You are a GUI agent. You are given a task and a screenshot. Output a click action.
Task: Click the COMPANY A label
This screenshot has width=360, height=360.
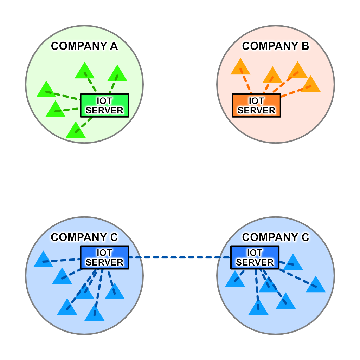84,46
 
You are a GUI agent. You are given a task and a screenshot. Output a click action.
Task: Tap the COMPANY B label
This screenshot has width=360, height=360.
275,46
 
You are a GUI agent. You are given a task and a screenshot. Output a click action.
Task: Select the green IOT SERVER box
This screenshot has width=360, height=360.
105,105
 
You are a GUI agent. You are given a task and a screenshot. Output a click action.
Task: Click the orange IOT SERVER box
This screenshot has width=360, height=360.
256,105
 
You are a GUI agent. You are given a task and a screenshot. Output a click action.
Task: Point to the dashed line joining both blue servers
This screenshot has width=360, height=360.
179,257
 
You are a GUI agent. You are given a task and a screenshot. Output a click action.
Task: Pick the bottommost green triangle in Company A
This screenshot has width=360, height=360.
76,131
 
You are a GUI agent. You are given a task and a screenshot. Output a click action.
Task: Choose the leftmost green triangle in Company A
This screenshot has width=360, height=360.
46,90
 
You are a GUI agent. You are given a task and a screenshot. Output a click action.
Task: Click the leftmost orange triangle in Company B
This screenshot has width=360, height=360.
240,67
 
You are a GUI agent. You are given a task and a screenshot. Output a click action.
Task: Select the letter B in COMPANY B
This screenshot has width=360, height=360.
304,46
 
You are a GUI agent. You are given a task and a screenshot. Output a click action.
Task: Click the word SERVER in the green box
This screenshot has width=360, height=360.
105,110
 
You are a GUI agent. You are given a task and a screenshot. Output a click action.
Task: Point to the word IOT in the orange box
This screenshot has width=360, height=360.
256,101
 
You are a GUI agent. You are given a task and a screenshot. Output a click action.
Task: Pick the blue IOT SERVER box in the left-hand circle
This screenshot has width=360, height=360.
105,257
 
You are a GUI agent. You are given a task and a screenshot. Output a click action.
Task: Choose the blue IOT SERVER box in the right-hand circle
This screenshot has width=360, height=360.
255,257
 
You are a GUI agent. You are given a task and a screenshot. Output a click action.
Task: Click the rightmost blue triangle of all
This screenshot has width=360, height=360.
316,285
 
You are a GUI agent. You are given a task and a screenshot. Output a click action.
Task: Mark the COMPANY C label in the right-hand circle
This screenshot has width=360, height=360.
275,237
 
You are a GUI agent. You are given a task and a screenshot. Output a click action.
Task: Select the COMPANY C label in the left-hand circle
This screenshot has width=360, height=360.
84,237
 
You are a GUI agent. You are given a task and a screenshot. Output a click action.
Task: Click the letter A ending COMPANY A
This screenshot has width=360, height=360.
113,46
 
